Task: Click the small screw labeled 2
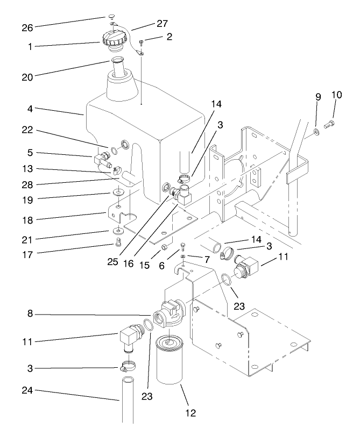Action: pyautogui.click(x=141, y=42)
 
